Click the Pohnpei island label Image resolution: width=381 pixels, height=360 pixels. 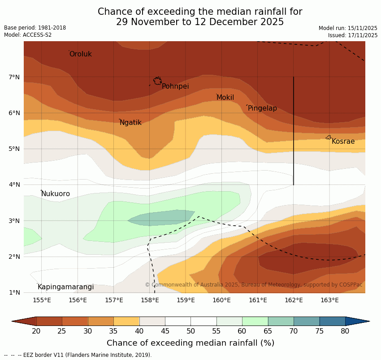click(x=175, y=86)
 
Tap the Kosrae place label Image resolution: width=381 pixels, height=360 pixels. click(x=343, y=141)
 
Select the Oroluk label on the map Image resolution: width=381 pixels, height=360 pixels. click(x=80, y=54)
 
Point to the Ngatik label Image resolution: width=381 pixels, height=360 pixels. click(x=130, y=123)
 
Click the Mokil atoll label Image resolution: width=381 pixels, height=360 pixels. click(x=225, y=98)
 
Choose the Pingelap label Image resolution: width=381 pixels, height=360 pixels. click(x=262, y=108)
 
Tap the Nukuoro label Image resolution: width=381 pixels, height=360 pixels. click(x=56, y=194)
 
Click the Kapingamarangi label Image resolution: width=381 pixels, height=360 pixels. click(x=65, y=287)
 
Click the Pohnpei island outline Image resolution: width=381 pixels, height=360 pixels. click(x=157, y=81)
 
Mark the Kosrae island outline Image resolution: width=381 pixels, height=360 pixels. click(x=329, y=137)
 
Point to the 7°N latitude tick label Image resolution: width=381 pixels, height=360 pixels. click(x=14, y=77)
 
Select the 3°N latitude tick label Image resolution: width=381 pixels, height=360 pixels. click(x=14, y=221)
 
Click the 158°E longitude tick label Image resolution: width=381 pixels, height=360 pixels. click(x=150, y=300)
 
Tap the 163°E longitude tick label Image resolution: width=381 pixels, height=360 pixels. click(x=329, y=300)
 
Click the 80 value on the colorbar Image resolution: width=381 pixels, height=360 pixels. click(x=345, y=331)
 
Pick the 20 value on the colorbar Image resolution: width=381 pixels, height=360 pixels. click(x=36, y=331)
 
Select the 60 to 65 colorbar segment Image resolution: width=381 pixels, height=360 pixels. click(x=255, y=321)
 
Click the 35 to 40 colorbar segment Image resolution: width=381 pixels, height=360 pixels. click(x=126, y=321)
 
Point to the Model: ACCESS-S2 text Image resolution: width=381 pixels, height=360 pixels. click(x=28, y=35)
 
